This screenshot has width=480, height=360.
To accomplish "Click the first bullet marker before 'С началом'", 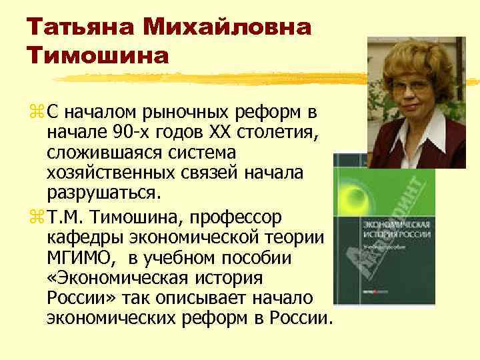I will (35, 109).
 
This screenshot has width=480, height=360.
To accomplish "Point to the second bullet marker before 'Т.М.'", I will (35, 217).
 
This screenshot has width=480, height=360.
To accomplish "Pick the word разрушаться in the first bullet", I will (104, 193).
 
